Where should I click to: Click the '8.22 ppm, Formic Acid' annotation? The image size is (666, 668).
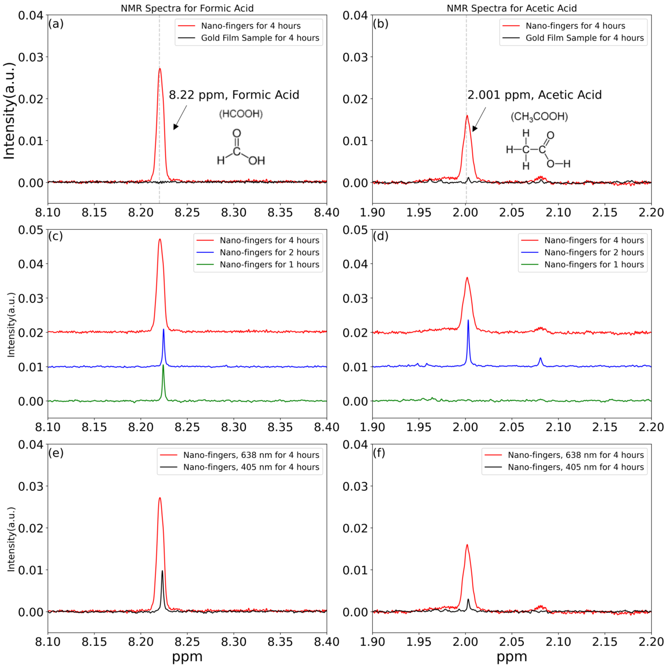pos(234,95)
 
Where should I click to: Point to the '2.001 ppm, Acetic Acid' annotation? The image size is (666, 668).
pos(534,95)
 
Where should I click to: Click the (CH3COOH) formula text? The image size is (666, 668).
pos(539,117)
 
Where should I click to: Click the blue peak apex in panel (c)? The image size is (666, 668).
pos(163,329)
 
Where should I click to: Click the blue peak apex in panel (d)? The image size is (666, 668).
pos(468,320)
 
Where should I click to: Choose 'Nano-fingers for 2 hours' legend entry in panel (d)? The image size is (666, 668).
pos(594,252)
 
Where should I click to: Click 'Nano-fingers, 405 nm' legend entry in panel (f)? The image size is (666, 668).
pos(575,467)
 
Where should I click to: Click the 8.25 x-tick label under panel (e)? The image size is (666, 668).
pos(187,642)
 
